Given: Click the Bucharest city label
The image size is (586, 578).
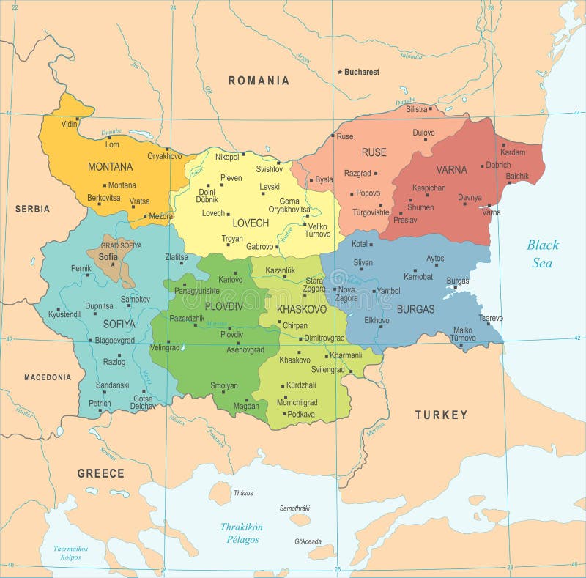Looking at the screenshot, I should click(362, 72).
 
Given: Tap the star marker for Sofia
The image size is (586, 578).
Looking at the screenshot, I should click(113, 264).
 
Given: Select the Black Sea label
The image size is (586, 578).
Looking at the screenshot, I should click(542, 253).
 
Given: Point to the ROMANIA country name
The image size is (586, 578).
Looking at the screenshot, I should click(259, 81).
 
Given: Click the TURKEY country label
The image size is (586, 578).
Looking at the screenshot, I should click(441, 415).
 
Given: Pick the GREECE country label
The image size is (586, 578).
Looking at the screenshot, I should click(101, 473).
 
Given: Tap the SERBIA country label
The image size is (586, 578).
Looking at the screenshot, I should click(32, 209).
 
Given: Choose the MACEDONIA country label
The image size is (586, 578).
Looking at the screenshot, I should click(48, 377).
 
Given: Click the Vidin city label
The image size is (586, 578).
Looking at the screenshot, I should click(69, 124).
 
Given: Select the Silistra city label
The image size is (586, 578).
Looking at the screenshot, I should click(416, 109).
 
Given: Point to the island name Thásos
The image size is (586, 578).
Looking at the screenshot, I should click(243, 493).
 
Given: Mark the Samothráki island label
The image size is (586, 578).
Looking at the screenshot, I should click(294, 508).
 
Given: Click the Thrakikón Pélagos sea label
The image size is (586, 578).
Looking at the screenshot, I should click(242, 533).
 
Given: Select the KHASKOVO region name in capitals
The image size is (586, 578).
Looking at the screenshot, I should click(302, 310).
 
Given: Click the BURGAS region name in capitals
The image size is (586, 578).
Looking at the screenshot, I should click(415, 309).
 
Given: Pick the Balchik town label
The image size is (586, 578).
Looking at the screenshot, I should click(517, 176).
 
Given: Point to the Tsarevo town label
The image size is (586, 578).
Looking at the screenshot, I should click(491, 318).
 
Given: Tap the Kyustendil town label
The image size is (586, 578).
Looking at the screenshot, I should click(65, 314).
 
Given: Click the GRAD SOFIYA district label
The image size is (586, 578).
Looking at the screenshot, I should click(121, 245).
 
